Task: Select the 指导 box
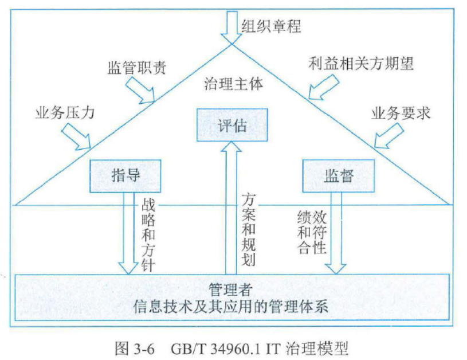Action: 124,175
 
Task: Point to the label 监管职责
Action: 137,68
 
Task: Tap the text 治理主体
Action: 234,84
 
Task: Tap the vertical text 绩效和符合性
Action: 312,232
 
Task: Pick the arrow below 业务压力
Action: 77,136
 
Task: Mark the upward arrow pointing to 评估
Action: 232,206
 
